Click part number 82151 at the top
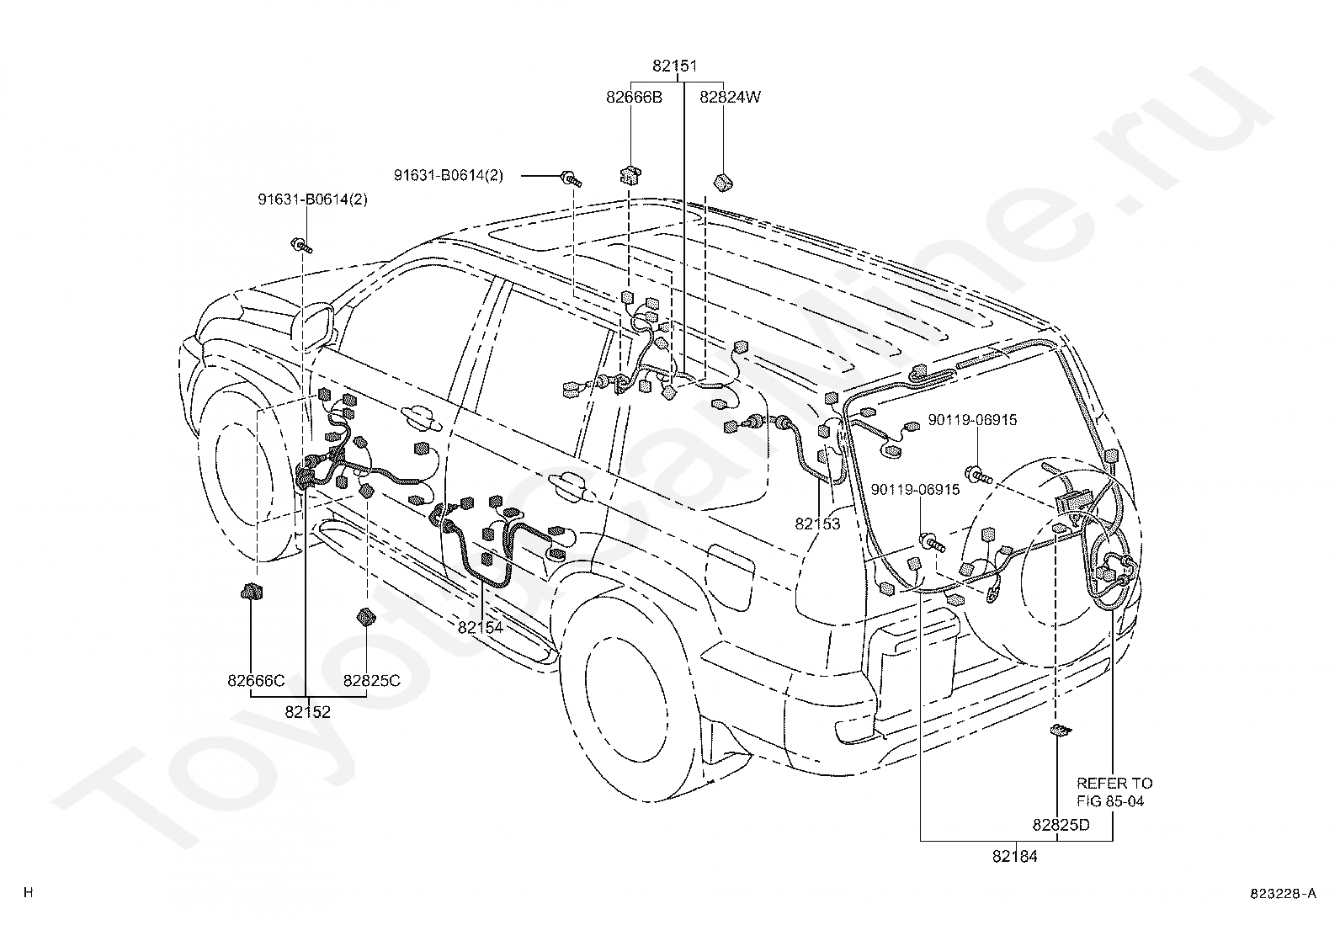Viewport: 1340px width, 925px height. (x=675, y=66)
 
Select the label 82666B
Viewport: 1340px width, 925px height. (x=634, y=98)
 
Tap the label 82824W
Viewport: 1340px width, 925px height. (x=730, y=98)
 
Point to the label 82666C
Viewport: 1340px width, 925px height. (x=256, y=681)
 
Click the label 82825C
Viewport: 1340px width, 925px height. (x=371, y=681)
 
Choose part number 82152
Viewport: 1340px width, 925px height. (x=307, y=712)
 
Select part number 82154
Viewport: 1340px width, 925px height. (x=481, y=628)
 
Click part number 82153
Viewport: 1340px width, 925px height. (x=817, y=524)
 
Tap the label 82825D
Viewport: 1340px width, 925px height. (x=1061, y=825)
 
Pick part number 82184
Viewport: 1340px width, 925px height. (x=1014, y=857)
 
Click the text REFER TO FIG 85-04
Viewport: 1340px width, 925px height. (x=1114, y=792)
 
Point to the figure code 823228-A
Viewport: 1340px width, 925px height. (x=1283, y=894)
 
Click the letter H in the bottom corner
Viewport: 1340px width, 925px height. (x=28, y=893)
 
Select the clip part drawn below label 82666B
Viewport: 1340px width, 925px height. (x=630, y=176)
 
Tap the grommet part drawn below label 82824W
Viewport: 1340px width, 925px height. (x=723, y=182)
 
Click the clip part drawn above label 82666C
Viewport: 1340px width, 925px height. (x=251, y=592)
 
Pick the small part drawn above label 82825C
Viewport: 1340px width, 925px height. (x=365, y=617)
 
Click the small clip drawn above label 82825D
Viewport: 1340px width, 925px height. (x=1061, y=730)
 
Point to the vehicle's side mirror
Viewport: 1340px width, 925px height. (x=313, y=326)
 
